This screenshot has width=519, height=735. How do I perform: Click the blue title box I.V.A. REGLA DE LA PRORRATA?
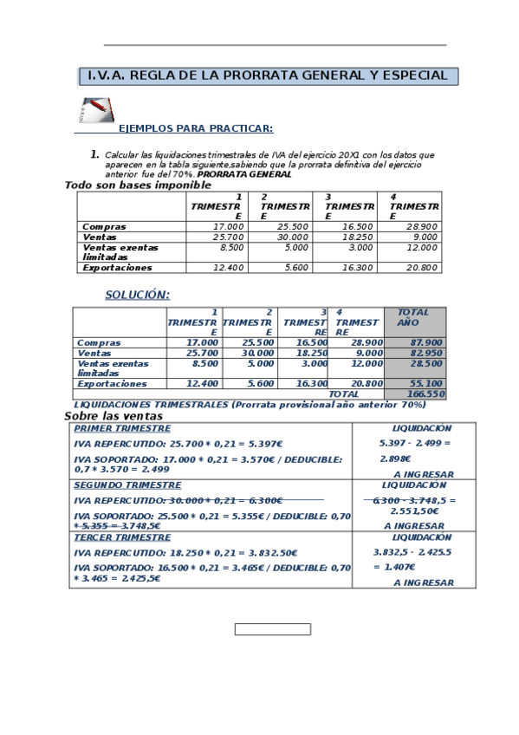pyautogui.click(x=269, y=76)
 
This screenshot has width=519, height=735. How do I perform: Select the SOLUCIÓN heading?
pyautogui.click(x=137, y=295)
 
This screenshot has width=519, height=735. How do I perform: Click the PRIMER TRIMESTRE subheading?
pyautogui.click(x=122, y=428)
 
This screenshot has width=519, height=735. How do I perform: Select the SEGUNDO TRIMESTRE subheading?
pyautogui.click(x=127, y=485)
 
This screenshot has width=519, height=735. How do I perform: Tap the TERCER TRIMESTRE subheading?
pyautogui.click(x=122, y=537)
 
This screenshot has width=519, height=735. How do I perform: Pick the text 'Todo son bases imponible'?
pyautogui.click(x=138, y=185)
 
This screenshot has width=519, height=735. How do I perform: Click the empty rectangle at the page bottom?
pyautogui.click(x=272, y=629)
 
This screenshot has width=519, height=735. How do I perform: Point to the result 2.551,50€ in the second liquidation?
pyautogui.click(x=414, y=511)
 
